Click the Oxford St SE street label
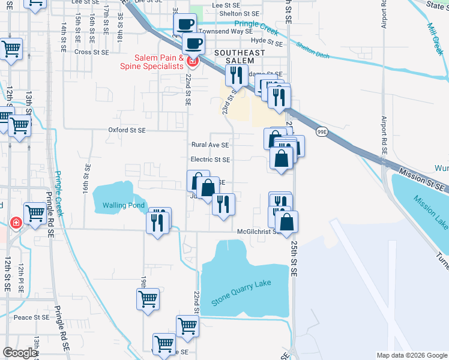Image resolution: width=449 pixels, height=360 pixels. coord(127,130)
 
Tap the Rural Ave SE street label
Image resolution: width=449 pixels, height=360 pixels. coord(210,145)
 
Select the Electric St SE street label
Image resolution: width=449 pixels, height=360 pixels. coord(210,160)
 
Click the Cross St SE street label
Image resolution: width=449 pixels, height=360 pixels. coord(92,52)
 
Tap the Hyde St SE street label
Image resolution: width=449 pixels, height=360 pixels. coord(267,41)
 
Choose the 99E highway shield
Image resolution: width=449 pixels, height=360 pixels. coord(322,132)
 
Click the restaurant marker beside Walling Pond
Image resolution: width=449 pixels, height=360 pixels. coord(158,223)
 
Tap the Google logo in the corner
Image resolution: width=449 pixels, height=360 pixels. coord(20,353)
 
